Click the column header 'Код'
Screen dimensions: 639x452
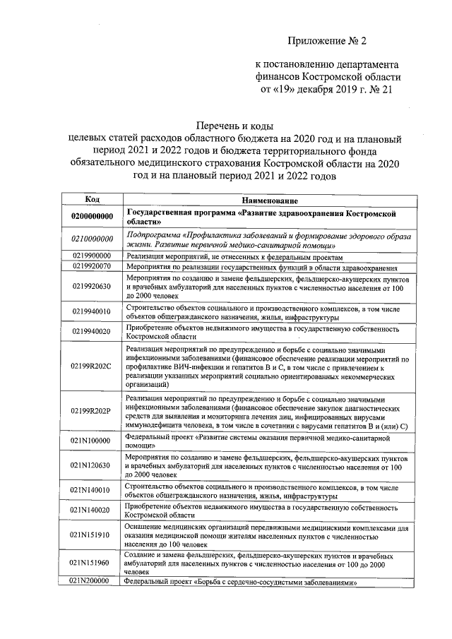91,201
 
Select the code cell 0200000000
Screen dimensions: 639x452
92,216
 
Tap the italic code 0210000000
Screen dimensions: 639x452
92,239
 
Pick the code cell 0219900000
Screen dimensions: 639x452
92,256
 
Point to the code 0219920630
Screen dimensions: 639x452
92,287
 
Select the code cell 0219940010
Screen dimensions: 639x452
92,311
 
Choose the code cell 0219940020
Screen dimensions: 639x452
92,333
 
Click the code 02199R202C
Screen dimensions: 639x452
92,368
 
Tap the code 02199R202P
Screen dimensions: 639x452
92,411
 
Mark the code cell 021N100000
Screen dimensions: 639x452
92,441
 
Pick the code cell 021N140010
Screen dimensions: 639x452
92,491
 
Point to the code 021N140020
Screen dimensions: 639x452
92,510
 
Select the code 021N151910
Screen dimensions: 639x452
92,535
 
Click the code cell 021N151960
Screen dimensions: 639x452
92,563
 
